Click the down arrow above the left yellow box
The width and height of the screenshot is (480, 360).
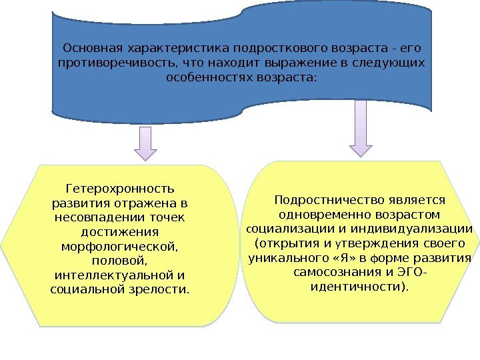146,144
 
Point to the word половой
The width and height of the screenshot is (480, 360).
120,261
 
